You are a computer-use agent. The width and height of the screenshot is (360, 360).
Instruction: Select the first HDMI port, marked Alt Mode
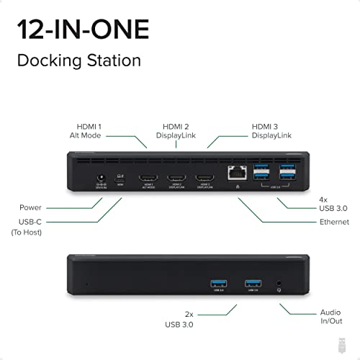pos(148,177)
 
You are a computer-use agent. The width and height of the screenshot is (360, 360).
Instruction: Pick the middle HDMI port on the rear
pos(176,177)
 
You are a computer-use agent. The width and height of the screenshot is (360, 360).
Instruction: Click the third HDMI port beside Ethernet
pos(204,177)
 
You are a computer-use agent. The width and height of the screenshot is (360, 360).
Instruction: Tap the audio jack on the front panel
pos(278,282)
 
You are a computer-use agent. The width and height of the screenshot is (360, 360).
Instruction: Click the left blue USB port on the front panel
pos(217,282)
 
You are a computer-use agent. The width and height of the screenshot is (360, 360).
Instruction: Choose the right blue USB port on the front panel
pos(252,282)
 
